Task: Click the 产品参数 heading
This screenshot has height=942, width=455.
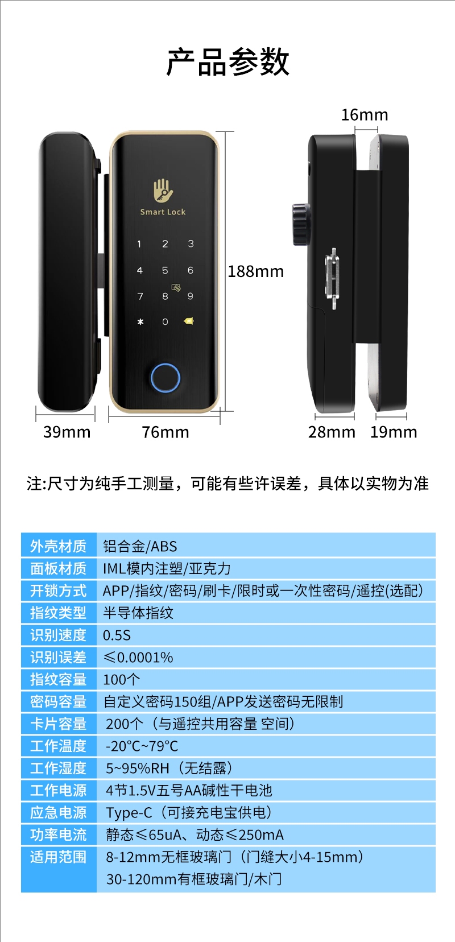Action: coord(227,62)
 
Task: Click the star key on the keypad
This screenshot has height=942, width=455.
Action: coord(140,322)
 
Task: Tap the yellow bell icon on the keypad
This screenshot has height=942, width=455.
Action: coord(189,321)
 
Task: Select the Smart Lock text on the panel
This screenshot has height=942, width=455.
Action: coord(163,212)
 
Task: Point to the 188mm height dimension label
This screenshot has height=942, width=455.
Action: coord(256,272)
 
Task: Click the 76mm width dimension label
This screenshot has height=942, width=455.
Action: coord(166,432)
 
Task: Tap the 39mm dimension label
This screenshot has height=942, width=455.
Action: coord(67,432)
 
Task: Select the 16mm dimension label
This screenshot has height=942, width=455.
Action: coord(365,115)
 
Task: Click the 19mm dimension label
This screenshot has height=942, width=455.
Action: coord(394,432)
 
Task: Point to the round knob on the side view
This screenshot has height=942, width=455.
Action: coord(301,224)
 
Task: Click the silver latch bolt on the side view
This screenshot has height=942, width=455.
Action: coord(332,279)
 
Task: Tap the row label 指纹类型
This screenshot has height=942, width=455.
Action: coord(59,613)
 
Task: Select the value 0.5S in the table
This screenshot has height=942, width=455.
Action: coord(117,635)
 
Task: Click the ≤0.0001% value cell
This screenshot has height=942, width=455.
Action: coord(138,658)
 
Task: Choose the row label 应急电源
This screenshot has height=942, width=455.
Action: coord(59,812)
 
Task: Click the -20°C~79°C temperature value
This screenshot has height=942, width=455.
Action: coord(142,746)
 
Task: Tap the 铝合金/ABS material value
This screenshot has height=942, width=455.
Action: coord(140,546)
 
